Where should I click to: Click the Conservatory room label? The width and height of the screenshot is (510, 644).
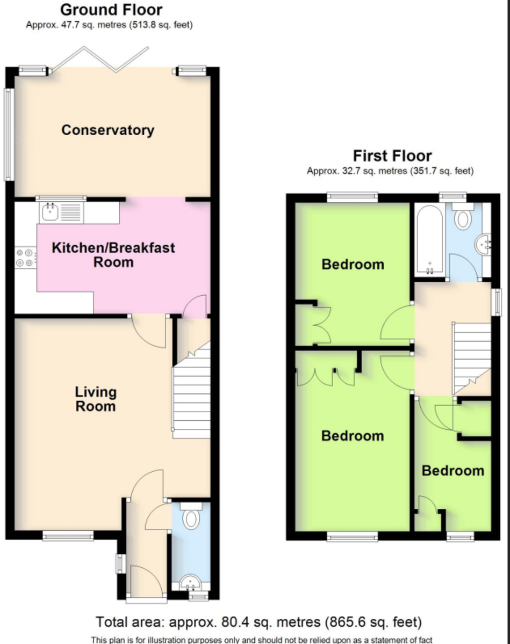[108, 130]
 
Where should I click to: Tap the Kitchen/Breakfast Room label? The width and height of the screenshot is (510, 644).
[113, 255]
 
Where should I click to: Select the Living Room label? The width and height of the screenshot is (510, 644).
[96, 399]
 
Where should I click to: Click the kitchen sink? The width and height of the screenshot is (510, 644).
[61, 212]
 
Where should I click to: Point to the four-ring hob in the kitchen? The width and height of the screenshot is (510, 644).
[25, 258]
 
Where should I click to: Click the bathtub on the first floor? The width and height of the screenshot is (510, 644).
[429, 239]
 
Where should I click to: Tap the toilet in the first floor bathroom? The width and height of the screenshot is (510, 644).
[463, 216]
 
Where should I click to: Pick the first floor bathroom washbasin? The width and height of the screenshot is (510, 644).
[483, 244]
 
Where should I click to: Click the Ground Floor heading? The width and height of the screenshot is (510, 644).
[111, 10]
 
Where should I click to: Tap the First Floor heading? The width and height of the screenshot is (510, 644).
[392, 156]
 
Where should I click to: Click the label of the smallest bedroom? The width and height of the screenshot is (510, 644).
[453, 471]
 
